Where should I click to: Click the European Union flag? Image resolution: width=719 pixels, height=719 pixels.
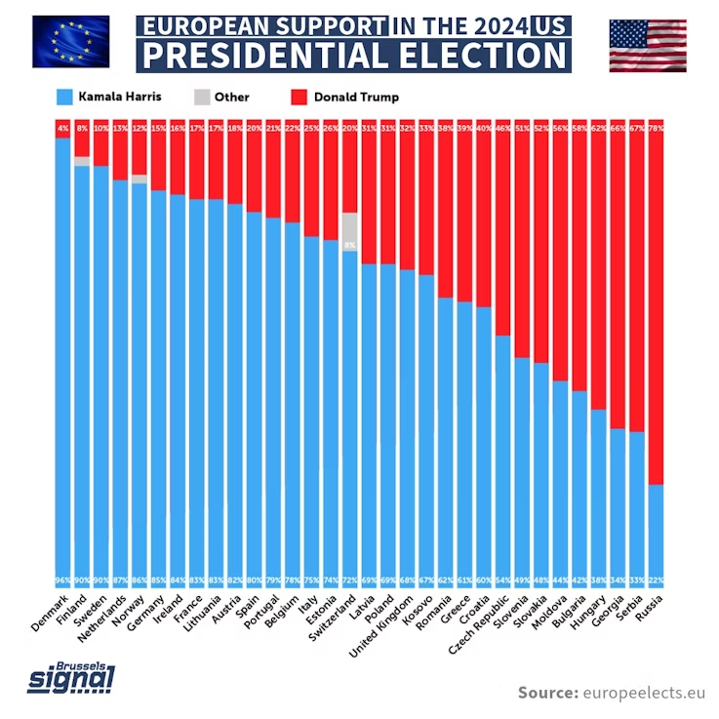coord(70,42)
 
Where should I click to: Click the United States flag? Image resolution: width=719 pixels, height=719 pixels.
coord(648,45)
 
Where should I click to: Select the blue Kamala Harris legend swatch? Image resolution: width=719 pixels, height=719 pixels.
coord(64,97)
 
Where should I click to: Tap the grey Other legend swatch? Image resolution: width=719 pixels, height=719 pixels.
coord(201,97)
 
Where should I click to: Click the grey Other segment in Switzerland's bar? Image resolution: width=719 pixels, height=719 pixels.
coord(350,232)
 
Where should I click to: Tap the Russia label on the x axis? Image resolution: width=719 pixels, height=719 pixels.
coord(649,610)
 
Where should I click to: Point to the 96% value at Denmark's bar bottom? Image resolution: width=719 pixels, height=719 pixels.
coord(63,580)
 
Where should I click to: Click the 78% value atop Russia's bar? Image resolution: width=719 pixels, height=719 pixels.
coord(657,127)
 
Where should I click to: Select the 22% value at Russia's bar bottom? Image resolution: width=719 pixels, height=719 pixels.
coord(657,580)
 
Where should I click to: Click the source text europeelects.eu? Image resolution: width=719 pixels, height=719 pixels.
coord(644,693)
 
